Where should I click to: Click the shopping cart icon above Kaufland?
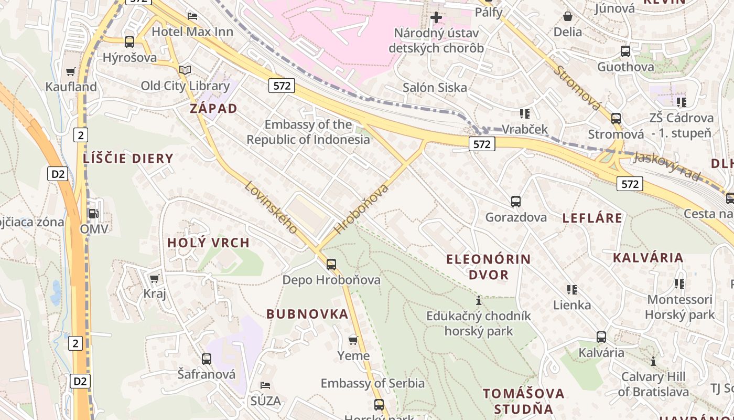70,71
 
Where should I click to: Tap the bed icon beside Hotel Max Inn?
192,16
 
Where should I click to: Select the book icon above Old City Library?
185,70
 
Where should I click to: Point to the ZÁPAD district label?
213,109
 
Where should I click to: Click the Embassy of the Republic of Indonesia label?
308,132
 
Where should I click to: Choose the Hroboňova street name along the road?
361,208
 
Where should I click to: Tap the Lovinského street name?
271,207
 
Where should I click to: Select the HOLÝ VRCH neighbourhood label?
208,243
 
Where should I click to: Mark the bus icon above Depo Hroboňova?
331,264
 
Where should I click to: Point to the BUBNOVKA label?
307,314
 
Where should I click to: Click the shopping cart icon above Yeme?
353,340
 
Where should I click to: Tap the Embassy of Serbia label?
373,383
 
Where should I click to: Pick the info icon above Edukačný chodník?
478,301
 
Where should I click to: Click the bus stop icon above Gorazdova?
516,201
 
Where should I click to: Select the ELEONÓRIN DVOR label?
489,267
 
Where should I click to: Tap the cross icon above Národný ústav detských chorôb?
436,17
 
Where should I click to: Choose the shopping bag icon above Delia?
567,16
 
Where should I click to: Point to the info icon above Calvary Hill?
653,361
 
